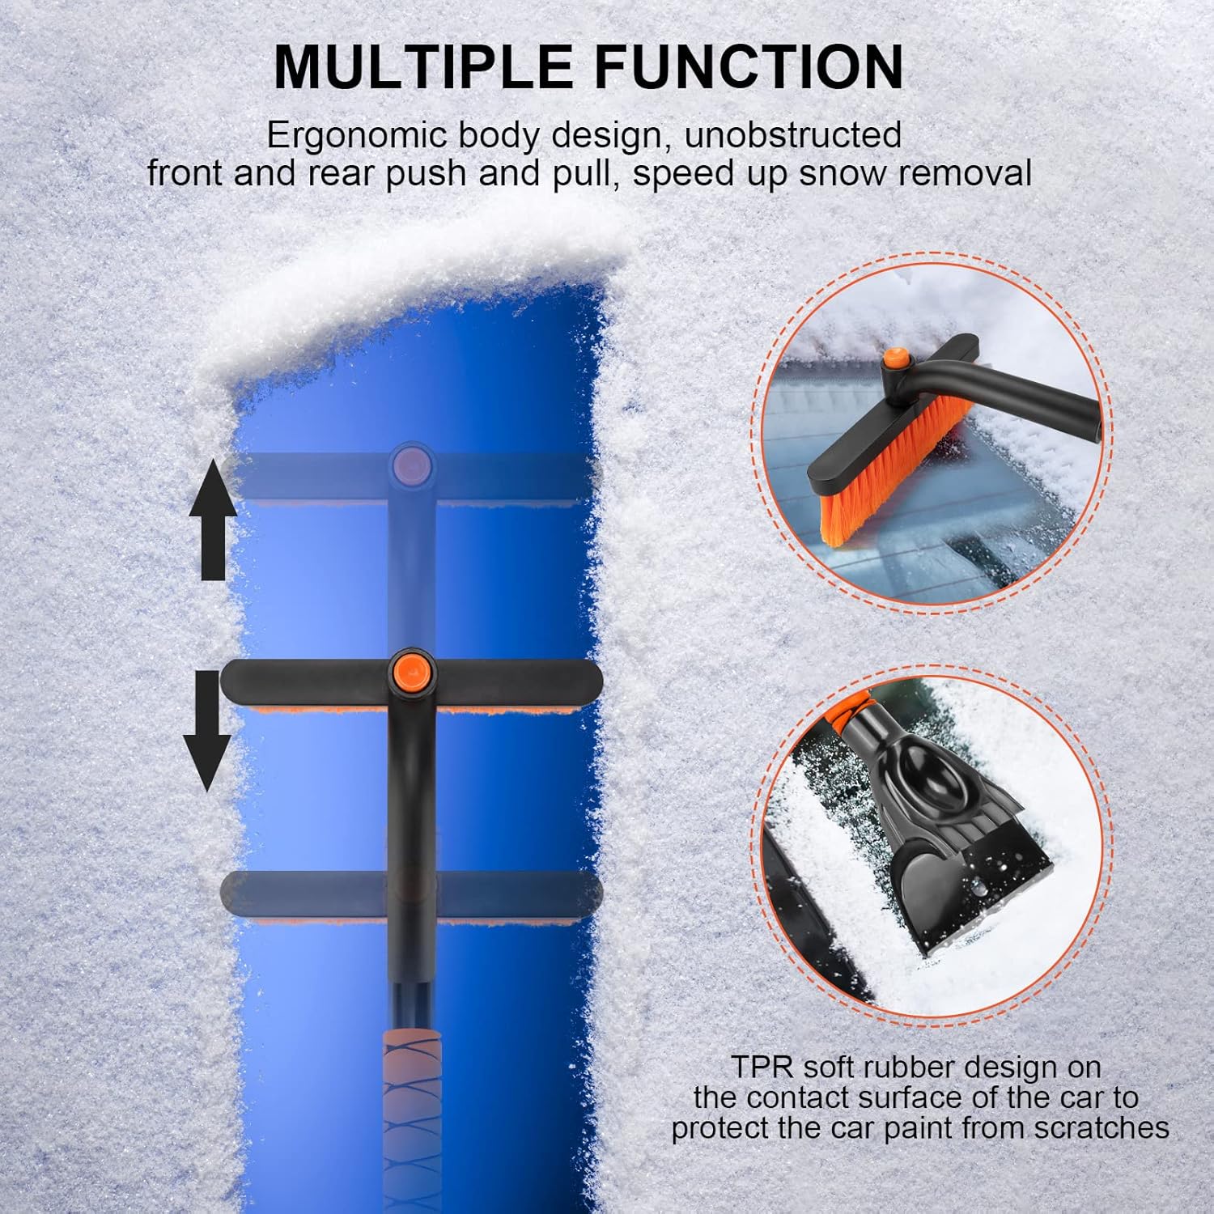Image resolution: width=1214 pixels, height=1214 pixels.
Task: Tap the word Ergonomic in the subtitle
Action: pyautogui.click(x=359, y=135)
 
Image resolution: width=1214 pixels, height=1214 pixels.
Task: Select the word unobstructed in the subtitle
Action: pyautogui.click(x=793, y=135)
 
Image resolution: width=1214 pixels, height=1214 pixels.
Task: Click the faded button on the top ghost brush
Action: pyautogui.click(x=411, y=466)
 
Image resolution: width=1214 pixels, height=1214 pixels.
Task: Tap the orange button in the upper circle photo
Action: pyautogui.click(x=894, y=359)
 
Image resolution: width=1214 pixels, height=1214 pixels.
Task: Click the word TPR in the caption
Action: pyautogui.click(x=757, y=1068)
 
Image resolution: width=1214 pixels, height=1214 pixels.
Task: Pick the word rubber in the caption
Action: pyautogui.click(x=902, y=1068)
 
